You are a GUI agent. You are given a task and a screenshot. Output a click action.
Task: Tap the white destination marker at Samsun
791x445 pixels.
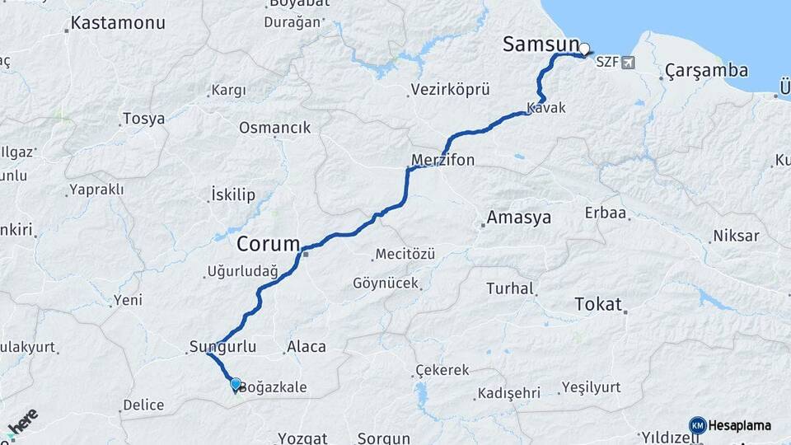585,49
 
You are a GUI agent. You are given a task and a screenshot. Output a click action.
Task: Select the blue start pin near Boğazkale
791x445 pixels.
236,384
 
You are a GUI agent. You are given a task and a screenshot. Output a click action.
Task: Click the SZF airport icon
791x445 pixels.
630,62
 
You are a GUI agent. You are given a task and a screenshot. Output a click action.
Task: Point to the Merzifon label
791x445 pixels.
443,160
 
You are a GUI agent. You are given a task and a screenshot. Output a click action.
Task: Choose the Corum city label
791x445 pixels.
269,244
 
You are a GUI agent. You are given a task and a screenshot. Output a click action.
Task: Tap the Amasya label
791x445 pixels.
518,218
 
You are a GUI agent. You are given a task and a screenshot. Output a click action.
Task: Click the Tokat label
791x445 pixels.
598,304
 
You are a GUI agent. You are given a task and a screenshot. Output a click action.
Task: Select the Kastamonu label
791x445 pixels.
117,23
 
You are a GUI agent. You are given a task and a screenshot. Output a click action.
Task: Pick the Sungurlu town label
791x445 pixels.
222,346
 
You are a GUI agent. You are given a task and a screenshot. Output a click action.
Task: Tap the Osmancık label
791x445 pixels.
274,128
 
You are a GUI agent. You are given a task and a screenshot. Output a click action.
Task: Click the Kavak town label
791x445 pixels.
546,108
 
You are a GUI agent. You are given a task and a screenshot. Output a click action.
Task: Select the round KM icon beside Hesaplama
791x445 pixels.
697,425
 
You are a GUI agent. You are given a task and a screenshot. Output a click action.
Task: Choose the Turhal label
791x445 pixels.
511,288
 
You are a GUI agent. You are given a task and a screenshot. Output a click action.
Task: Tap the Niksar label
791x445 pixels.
736,236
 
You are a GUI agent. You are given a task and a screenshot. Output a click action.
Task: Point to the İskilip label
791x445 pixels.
233,195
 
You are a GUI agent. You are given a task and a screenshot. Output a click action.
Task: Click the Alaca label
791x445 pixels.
307,347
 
